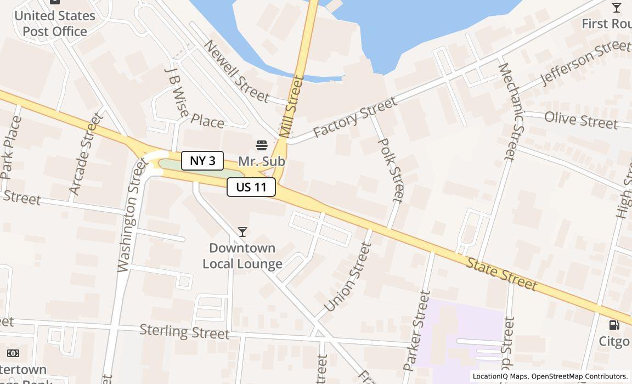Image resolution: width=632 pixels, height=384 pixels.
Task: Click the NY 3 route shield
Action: (x=202, y=161)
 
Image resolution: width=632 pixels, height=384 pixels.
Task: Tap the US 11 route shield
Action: (x=251, y=187)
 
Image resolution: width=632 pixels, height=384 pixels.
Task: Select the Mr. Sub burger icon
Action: (x=262, y=145)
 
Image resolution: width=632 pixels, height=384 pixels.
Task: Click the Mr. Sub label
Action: (x=262, y=161)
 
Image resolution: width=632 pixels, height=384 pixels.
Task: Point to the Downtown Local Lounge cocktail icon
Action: (x=242, y=233)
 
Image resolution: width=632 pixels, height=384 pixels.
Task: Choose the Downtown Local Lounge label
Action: (x=242, y=256)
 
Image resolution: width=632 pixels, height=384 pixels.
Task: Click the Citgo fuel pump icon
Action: (x=614, y=325)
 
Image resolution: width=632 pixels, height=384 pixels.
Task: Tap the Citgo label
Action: (x=614, y=341)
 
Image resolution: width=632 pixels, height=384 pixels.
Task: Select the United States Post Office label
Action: (x=55, y=24)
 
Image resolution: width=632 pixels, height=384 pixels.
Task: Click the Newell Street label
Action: (x=236, y=71)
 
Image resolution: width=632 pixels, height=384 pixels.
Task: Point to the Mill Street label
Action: (x=291, y=106)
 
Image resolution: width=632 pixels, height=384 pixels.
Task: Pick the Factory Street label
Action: (x=354, y=117)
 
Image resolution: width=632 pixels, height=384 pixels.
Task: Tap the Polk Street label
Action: (x=392, y=170)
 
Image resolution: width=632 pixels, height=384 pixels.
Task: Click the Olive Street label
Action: (x=581, y=120)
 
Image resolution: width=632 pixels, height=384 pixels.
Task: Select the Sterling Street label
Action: (x=184, y=332)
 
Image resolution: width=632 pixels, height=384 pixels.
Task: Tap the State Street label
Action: (x=501, y=273)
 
